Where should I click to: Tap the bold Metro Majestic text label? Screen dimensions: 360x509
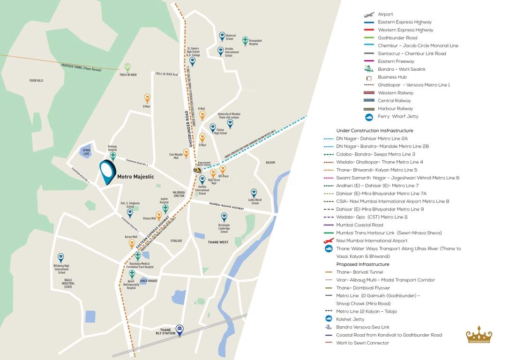pos(135,177)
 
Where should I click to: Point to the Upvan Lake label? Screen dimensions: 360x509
pos(86,152)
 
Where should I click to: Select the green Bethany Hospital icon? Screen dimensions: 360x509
pos(112,156)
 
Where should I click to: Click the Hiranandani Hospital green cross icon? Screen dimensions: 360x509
pos(245,41)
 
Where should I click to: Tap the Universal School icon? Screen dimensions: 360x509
pos(222,36)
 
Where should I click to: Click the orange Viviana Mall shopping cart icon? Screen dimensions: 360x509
pos(159,216)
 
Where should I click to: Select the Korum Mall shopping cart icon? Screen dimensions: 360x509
pos(132,243)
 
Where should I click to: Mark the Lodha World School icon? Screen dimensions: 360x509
pos(254,193)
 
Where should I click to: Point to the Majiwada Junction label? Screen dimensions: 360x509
pos(179,194)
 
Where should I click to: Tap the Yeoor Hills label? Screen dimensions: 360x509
pos(36,81)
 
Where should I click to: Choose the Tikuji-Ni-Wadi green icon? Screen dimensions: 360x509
pos(127,67)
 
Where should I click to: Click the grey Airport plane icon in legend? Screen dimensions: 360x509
pos(369,15)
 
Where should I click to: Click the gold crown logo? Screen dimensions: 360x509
pos(479,335)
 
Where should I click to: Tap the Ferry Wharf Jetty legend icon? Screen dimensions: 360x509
pos(369,117)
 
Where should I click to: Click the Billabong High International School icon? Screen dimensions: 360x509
pos(61,257)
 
